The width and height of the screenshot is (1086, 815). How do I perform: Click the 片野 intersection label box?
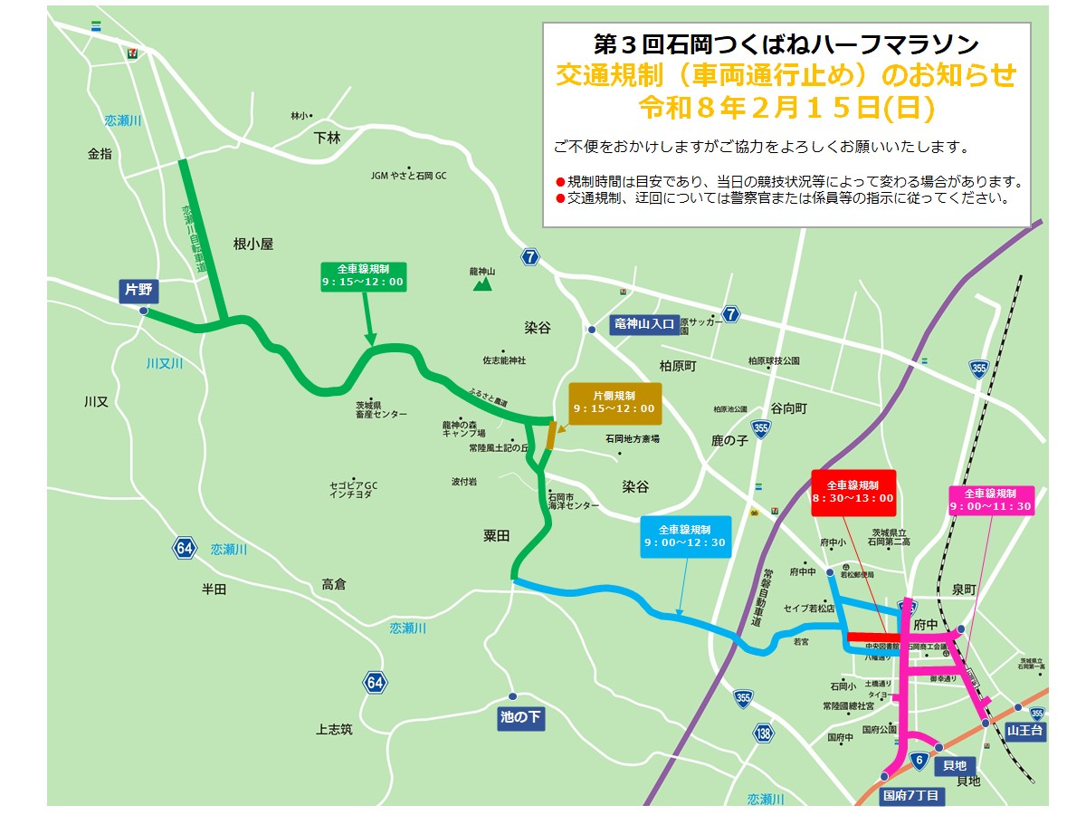click(x=139, y=291)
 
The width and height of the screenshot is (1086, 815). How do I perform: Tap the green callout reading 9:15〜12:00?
click(x=363, y=276)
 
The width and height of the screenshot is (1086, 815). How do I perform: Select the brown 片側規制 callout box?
click(x=614, y=402)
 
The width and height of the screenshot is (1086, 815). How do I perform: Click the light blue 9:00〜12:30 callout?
click(x=685, y=535)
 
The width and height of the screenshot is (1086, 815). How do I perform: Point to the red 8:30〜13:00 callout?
click(x=853, y=491)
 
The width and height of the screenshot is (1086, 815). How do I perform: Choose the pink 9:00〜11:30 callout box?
click(x=990, y=499)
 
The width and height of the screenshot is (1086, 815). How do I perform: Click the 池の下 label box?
click(x=521, y=718)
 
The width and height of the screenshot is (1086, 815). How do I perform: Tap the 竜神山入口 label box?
click(x=644, y=324)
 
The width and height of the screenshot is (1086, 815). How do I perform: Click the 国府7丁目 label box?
click(x=912, y=796)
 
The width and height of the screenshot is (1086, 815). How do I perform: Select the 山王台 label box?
click(x=1024, y=729)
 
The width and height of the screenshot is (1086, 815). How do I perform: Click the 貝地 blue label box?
click(x=954, y=766)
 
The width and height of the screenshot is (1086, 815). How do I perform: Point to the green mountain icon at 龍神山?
click(x=482, y=283)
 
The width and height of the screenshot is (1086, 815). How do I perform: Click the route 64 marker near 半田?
click(x=185, y=548)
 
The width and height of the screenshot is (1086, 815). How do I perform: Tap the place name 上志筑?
click(x=334, y=729)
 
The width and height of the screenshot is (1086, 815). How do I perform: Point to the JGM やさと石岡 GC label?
click(x=409, y=176)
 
